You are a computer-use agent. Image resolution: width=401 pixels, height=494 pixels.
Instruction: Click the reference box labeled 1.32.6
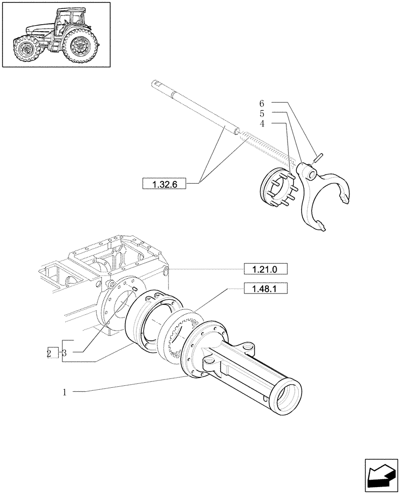point(163,184)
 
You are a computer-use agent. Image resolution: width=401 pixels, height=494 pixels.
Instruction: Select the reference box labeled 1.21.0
point(266,269)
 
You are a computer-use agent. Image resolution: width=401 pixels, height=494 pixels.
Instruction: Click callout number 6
point(262,103)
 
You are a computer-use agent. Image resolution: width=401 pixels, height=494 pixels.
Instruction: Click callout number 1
point(64,393)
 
